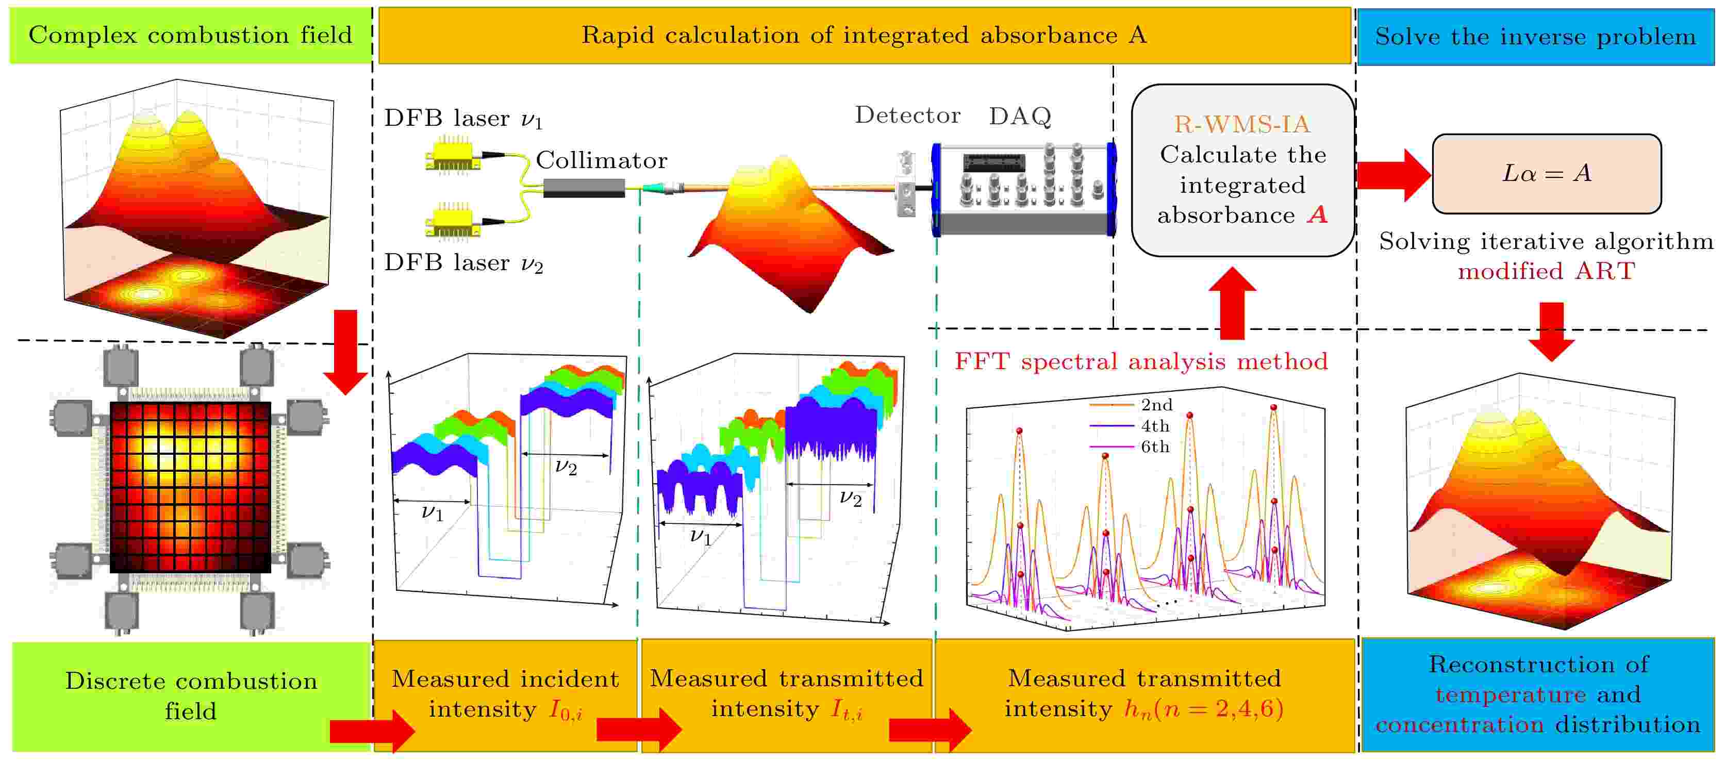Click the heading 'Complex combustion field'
click(190, 35)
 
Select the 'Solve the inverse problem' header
click(1535, 36)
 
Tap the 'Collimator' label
click(601, 160)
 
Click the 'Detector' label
click(907, 115)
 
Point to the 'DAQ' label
click(1020, 116)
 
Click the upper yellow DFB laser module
click(453, 155)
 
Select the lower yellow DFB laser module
click(453, 220)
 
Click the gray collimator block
click(584, 188)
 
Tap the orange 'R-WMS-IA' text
click(1242, 124)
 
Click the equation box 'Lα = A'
click(1547, 174)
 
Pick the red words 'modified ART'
click(1547, 271)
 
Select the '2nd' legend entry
click(1131, 405)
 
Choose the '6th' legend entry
click(1131, 446)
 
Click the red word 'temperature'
click(1511, 694)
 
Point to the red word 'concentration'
click(1460, 724)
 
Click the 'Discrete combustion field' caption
click(191, 696)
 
